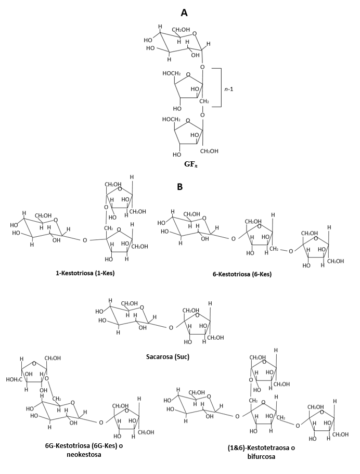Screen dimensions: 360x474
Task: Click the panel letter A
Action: (184, 12)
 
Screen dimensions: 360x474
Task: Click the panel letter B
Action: (180, 187)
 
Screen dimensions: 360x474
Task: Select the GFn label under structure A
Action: (191, 164)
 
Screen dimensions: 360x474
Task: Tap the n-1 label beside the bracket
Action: (229, 89)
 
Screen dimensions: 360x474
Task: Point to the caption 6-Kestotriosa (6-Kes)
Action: (242, 274)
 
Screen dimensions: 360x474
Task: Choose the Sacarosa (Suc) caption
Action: (168, 357)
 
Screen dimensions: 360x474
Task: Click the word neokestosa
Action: (84, 454)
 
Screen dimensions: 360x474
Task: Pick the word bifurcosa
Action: (261, 456)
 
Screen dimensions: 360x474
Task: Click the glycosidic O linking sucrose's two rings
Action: (171, 328)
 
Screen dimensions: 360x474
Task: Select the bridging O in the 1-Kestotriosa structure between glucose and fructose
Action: (85, 240)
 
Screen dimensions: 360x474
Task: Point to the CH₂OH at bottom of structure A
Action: (209, 151)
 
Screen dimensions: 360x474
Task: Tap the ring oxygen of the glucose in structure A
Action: (195, 33)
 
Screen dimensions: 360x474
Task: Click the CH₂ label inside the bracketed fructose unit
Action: (204, 101)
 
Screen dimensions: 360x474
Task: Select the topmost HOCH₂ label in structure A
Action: (171, 73)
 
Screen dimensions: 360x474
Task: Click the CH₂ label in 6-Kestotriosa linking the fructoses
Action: (274, 249)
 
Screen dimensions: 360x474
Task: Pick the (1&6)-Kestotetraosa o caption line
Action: (261, 447)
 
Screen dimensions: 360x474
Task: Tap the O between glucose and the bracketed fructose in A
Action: (202, 67)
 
